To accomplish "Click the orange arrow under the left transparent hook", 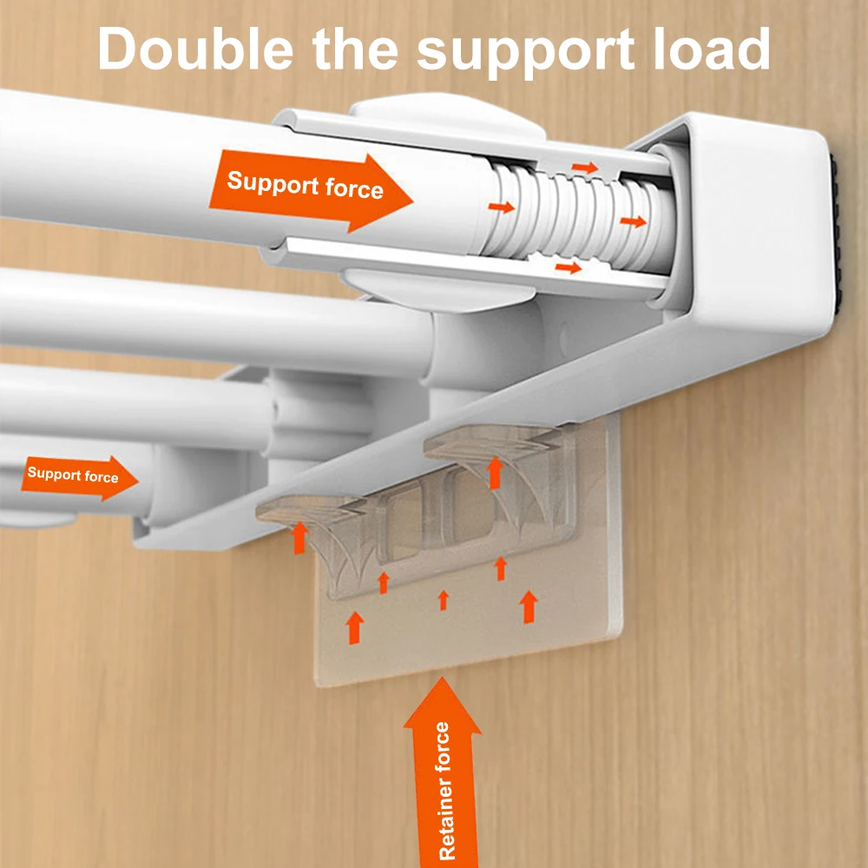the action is coord(299,536).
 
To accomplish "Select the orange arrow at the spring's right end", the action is coord(634,222).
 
